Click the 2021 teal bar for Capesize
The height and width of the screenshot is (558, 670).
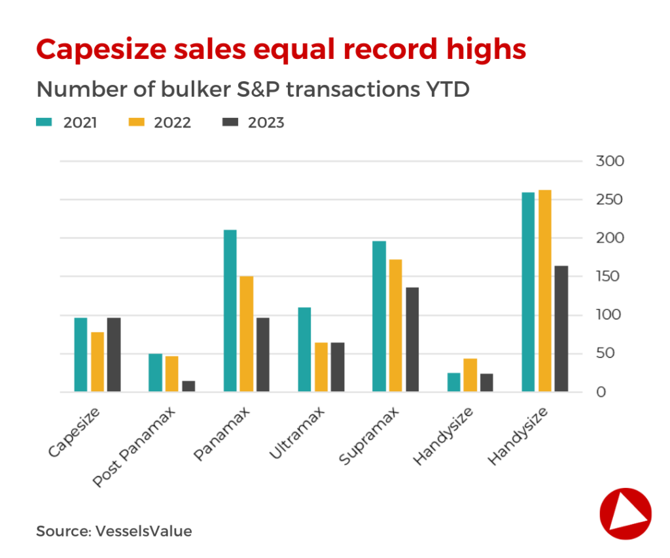point(80,355)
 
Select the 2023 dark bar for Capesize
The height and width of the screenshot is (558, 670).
point(114,355)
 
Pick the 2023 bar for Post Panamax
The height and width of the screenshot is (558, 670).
point(188,386)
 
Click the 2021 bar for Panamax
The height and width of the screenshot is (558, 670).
point(230,311)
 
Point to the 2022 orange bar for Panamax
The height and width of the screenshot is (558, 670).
point(246,334)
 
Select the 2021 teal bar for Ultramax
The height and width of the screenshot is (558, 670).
point(304,349)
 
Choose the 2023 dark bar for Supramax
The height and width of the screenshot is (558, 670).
point(412,340)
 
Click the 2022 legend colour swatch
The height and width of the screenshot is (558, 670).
point(135,122)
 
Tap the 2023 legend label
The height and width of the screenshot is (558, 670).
point(266,122)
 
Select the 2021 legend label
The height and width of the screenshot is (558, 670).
point(80,122)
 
